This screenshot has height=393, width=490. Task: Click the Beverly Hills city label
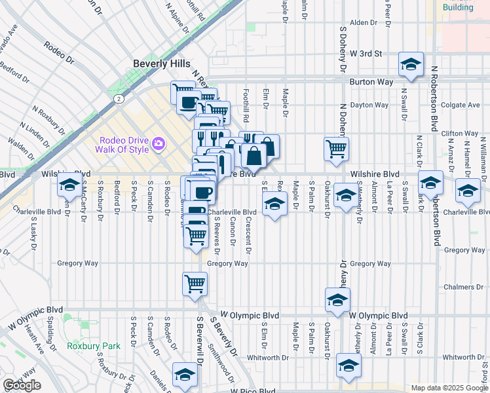click(x=161, y=64)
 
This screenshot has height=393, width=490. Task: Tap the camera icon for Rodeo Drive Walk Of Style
click(x=158, y=143)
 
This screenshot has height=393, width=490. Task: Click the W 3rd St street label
click(x=366, y=53)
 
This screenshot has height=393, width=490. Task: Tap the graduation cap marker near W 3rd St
click(x=411, y=64)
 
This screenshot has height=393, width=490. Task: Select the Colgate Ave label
click(x=461, y=104)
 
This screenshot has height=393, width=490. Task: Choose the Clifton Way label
click(x=460, y=133)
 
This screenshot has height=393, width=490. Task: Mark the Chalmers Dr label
click(x=462, y=287)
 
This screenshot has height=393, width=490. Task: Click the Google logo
click(x=22, y=385)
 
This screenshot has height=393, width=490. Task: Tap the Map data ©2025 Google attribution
click(x=449, y=388)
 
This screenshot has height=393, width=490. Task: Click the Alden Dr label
click(x=364, y=22)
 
